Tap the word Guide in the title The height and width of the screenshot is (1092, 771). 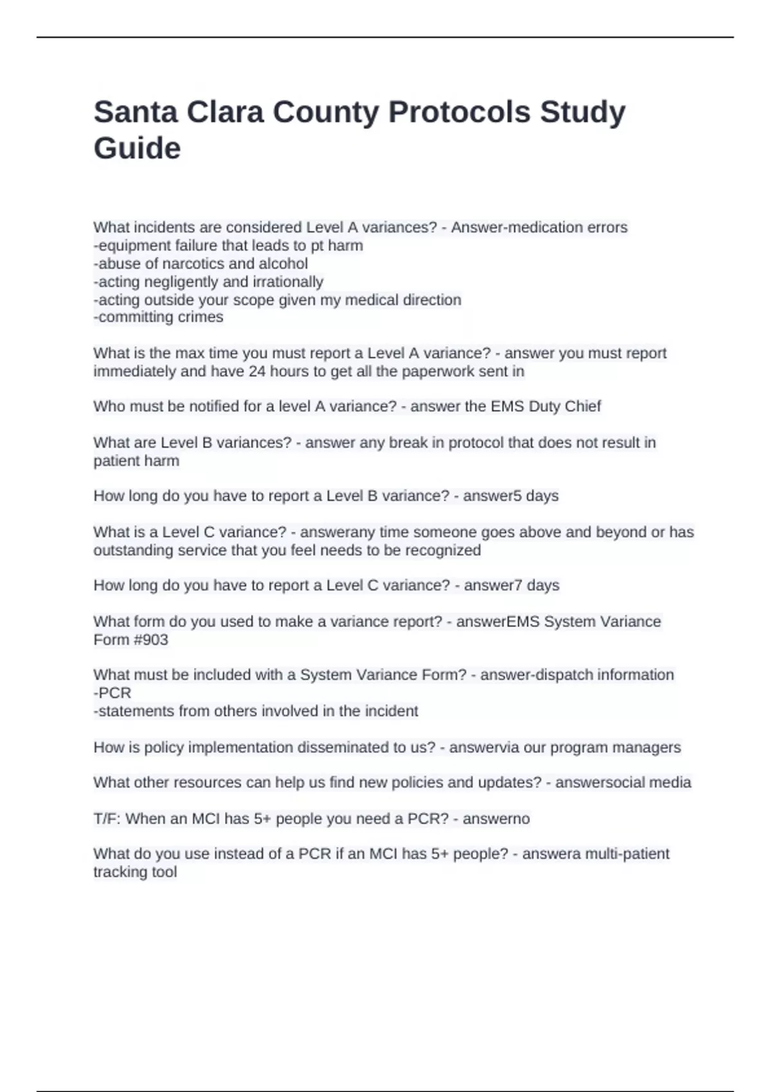pos(137,148)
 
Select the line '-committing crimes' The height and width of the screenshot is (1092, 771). pos(159,317)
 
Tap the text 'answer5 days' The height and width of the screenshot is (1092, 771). pos(511,496)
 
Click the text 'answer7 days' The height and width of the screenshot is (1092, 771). pos(511,585)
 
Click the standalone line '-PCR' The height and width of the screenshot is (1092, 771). pos(112,693)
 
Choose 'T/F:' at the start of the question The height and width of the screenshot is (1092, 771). pos(107,819)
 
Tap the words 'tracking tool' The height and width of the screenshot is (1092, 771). pos(135,872)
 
